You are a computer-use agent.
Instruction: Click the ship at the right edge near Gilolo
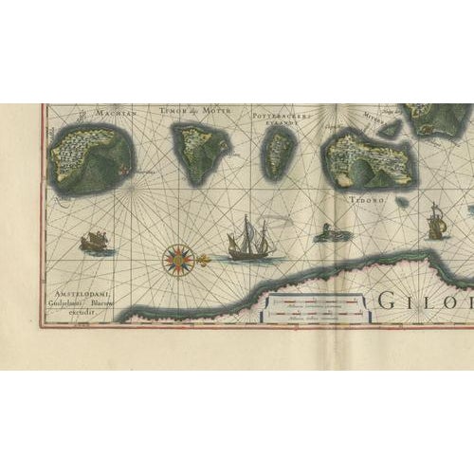coord(437,225)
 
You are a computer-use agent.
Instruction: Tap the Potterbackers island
coord(280,154)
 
